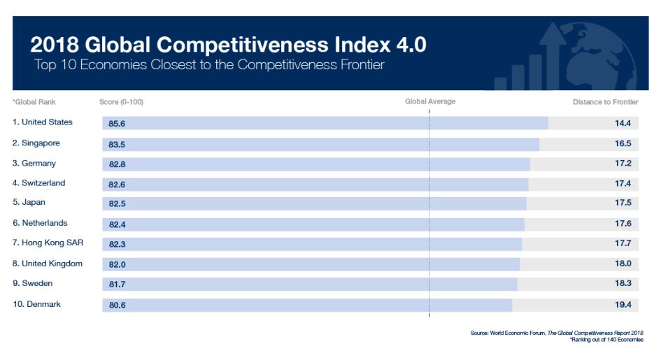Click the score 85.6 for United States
tap(117, 124)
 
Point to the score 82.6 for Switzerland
tap(117, 185)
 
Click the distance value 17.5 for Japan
tap(623, 203)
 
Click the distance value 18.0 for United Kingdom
tap(623, 264)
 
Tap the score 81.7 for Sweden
tap(117, 285)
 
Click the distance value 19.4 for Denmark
tap(623, 304)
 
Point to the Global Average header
tap(430, 101)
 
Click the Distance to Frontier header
tap(605, 102)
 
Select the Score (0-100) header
tap(122, 102)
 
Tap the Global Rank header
tap(34, 102)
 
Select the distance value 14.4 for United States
tap(623, 123)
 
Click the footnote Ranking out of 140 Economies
tap(606, 340)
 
